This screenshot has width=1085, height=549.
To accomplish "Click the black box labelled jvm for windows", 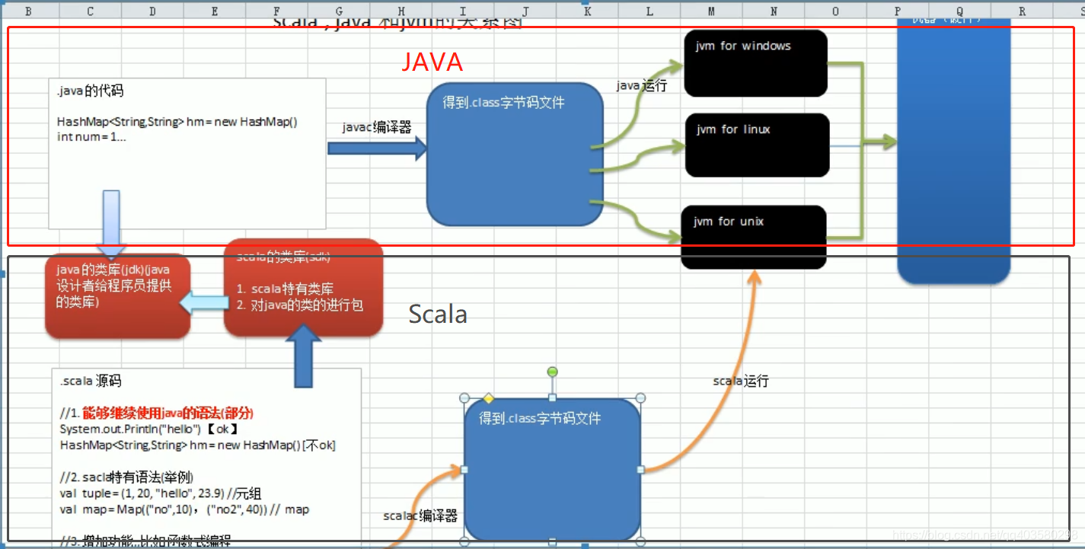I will (755, 63).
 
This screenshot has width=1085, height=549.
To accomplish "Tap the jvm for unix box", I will (754, 236).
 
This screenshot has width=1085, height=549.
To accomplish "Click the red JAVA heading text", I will (432, 61).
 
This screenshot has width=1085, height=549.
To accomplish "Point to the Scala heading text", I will (438, 314).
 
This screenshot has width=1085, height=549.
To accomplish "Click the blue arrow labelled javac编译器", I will (378, 148).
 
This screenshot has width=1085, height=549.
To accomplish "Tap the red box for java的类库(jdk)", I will (117, 295).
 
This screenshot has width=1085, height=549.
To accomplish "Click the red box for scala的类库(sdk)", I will (303, 288).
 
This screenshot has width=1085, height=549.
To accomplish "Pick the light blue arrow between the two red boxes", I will (205, 303).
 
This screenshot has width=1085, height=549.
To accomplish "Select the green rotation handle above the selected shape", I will (553, 372).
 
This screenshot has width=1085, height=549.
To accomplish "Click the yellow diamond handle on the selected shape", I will (489, 398).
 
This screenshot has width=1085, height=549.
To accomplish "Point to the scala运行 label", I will (740, 381).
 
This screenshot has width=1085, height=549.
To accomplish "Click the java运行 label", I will (641, 86).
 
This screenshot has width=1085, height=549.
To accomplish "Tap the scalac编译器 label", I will (420, 516).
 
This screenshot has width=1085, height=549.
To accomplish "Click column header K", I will (587, 11).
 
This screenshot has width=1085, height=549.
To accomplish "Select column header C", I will (91, 11).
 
